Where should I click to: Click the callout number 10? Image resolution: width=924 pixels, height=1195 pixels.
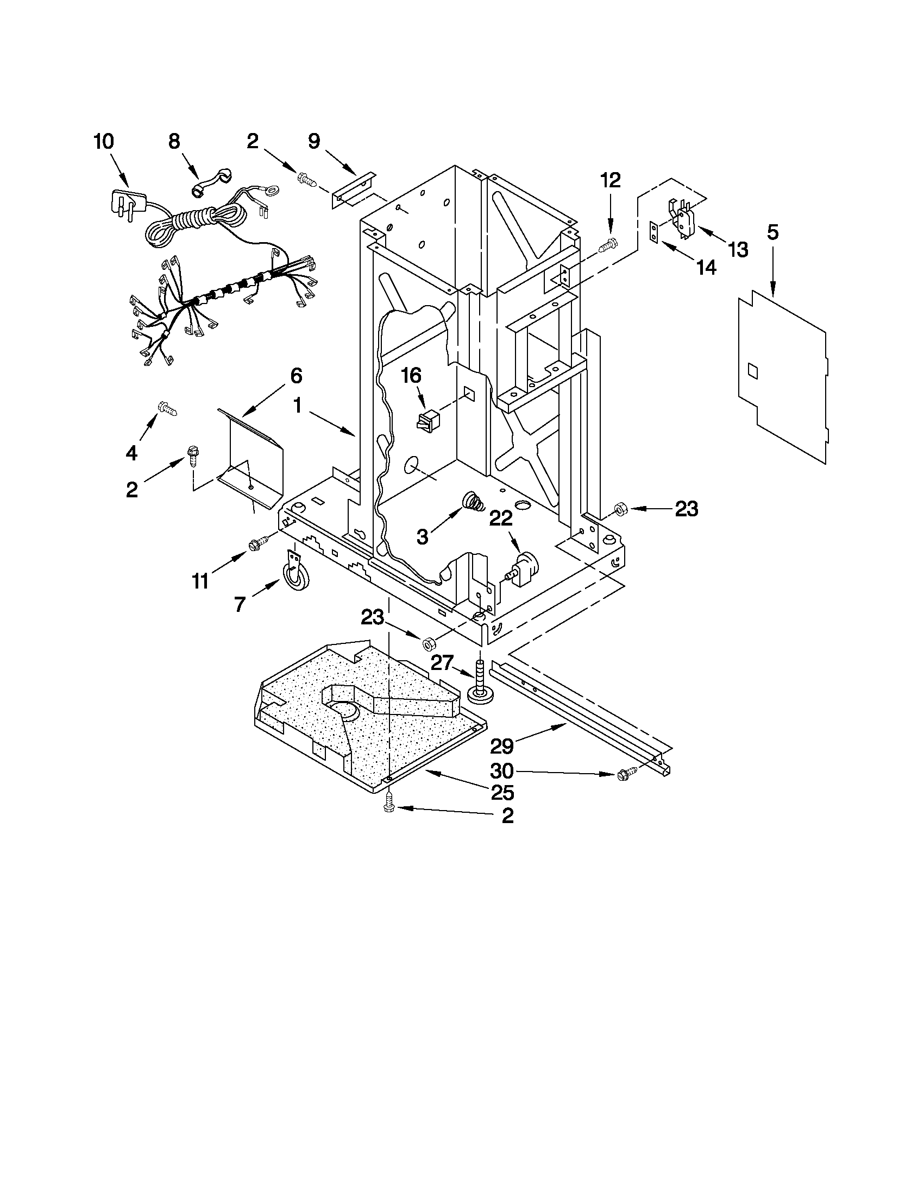[x=103, y=142]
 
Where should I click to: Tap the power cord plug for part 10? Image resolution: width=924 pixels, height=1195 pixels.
[x=127, y=203]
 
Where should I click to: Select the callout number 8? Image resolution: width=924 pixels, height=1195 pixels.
[x=173, y=142]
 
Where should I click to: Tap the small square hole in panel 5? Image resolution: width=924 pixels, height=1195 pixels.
[x=753, y=371]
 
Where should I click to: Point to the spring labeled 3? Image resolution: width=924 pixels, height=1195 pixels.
[x=473, y=501]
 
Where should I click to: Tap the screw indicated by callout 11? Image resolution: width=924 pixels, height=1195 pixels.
[x=257, y=543]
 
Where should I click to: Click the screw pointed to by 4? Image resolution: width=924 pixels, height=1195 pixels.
[x=166, y=408]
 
